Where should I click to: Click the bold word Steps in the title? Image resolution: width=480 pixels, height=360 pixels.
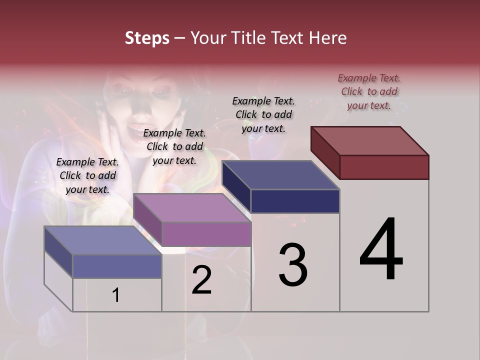pos(147,38)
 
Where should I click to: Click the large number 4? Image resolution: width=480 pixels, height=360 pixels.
pos(381,250)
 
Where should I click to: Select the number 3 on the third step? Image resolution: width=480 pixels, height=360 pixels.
pos(293,265)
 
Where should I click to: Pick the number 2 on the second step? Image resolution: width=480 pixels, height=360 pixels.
pos(201,280)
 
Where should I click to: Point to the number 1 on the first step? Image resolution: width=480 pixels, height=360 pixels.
pos(116,295)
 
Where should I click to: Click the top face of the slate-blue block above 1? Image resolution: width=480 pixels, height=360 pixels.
pos(103,240)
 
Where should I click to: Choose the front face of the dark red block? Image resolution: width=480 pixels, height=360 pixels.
pos(384,167)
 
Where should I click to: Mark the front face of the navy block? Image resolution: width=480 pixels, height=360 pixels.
pos(295,201)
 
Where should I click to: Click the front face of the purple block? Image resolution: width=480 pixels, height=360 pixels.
pos(206,234)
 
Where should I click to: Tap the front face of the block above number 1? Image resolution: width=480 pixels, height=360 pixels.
pos(117,266)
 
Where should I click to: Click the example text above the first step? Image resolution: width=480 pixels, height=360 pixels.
pos(87,175)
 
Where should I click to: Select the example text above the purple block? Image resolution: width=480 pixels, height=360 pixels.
pos(174,146)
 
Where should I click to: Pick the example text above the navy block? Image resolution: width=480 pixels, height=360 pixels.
pos(263,114)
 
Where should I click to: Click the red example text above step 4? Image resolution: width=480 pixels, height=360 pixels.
pos(369,91)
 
